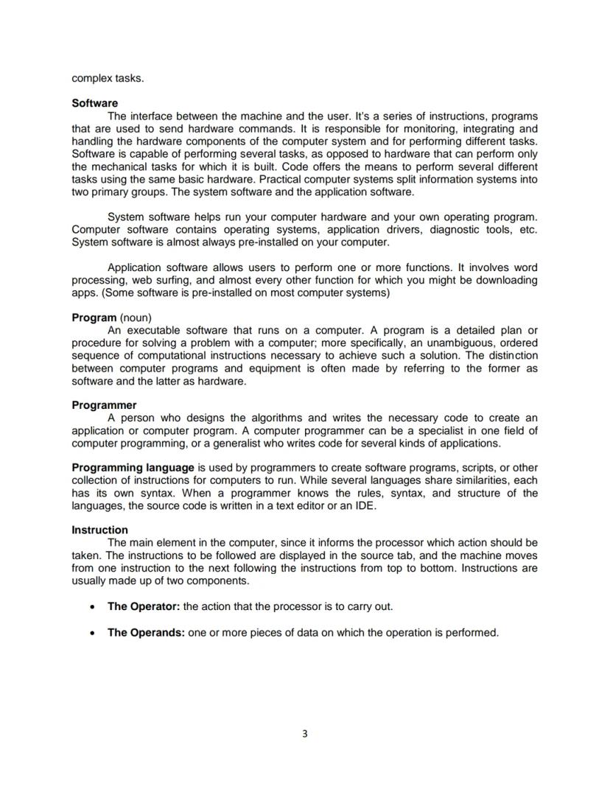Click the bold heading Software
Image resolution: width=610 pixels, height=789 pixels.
point(94,103)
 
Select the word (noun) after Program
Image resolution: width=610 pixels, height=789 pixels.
point(136,318)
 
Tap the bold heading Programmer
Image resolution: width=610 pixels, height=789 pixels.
point(104,405)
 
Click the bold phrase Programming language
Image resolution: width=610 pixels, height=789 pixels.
point(133,468)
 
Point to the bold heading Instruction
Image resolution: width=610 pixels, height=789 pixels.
point(99,530)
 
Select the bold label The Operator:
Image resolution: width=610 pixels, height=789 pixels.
point(144,606)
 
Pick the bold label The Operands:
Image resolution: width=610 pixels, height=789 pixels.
point(146,632)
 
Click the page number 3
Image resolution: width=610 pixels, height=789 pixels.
point(305,734)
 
